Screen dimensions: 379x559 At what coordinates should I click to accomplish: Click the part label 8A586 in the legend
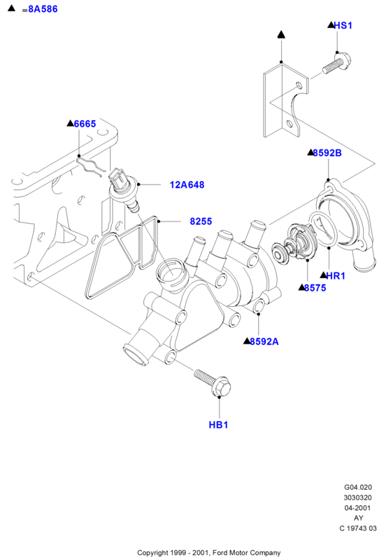click(43, 9)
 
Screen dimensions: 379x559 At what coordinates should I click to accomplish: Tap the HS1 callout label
click(343, 25)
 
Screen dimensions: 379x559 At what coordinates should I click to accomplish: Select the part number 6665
click(85, 124)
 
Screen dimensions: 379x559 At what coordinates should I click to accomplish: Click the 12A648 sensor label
click(187, 184)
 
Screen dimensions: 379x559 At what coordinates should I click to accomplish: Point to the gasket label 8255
click(201, 222)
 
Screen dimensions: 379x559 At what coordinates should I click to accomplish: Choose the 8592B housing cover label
click(327, 153)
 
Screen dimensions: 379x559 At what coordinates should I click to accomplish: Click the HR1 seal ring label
click(336, 275)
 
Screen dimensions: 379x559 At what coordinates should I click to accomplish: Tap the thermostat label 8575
click(315, 288)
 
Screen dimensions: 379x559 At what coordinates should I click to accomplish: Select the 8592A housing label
click(264, 342)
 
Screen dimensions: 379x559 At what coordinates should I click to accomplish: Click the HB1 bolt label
click(218, 425)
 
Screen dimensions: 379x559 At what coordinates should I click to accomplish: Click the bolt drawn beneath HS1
click(337, 64)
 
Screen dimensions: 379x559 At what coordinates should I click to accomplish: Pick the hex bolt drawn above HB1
click(213, 382)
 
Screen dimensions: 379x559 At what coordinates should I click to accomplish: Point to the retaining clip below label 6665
click(90, 166)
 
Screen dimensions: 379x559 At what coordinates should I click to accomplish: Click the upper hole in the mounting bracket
click(299, 85)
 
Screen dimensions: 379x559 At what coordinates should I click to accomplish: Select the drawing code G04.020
click(358, 487)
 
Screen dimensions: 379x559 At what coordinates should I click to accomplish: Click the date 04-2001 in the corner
click(358, 508)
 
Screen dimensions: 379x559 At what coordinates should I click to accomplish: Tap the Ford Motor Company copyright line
click(209, 553)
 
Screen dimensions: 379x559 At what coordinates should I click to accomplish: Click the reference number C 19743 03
click(358, 528)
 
